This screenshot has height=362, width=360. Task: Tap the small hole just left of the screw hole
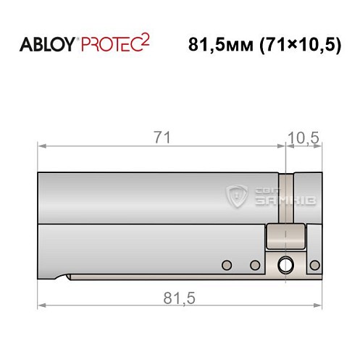(255, 264)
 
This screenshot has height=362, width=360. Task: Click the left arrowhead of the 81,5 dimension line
(41, 306)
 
